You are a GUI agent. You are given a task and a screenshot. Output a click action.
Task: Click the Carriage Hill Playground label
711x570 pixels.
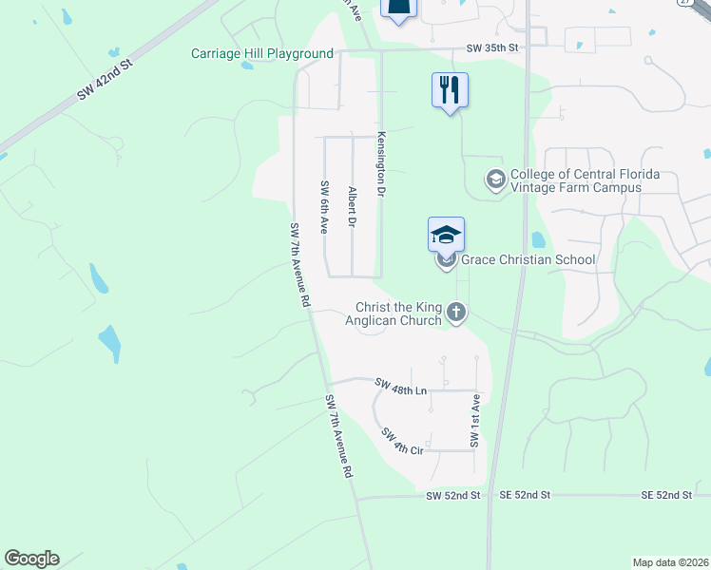[x=262, y=53]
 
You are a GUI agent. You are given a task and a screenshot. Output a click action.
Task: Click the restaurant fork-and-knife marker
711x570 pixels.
[x=450, y=90]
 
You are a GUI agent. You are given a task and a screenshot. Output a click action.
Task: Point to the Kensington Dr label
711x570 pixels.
[x=381, y=164]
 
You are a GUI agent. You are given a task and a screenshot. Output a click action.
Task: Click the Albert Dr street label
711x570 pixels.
[x=352, y=207]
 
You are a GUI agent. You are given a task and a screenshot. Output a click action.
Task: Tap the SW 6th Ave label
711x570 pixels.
[x=324, y=207]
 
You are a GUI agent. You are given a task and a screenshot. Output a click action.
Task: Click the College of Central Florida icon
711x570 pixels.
[x=495, y=180]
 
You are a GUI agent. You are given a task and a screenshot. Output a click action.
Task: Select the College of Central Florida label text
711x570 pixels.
[x=585, y=180]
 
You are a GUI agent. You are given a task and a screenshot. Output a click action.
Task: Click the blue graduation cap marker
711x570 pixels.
[x=447, y=234]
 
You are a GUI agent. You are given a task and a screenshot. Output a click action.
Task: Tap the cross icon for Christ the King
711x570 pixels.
[x=457, y=312]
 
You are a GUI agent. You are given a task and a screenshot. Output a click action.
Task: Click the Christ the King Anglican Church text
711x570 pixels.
[x=399, y=313]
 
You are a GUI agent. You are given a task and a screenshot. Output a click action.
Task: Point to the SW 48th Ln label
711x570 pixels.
[x=402, y=385]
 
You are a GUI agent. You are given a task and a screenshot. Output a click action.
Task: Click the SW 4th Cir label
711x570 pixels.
[x=402, y=441]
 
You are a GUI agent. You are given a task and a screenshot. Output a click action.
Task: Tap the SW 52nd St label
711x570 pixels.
[x=453, y=496]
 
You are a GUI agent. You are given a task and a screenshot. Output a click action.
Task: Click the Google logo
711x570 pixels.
[x=31, y=559]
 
